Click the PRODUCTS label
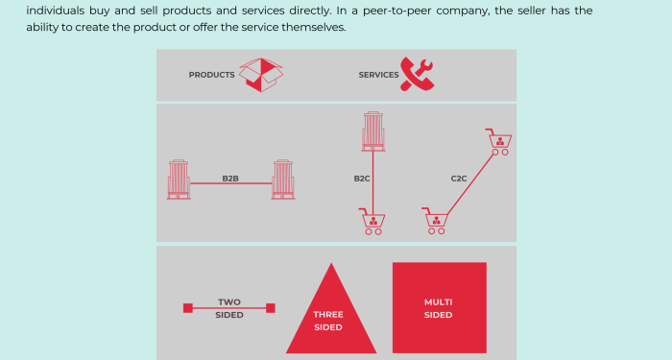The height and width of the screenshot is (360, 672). pos(211,75)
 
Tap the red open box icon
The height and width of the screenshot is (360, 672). pos(261,74)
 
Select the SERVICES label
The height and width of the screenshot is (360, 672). pos(378,75)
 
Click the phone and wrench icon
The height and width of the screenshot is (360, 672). pos(418,73)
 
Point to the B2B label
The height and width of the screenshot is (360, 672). pos(230,179)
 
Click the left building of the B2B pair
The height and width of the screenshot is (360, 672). pos(179,180)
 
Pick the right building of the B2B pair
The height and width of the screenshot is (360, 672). pos(282,180)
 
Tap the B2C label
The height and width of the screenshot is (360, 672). pos(363,179)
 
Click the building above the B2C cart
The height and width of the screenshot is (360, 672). pos(373,132)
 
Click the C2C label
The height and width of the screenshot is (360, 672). pos(460,179)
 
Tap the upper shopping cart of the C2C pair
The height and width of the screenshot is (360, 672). pos(499,142)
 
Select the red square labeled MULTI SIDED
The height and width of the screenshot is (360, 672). pos(439,307)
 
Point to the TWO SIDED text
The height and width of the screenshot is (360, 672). pos(229,308)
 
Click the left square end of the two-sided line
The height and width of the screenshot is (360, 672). pos(188,308)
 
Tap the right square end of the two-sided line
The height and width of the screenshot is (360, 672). pos(271,308)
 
